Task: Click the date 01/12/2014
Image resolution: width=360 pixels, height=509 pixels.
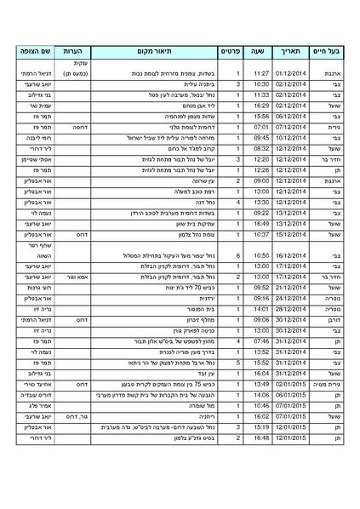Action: (290, 75)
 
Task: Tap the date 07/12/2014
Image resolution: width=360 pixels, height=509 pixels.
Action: (290, 127)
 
